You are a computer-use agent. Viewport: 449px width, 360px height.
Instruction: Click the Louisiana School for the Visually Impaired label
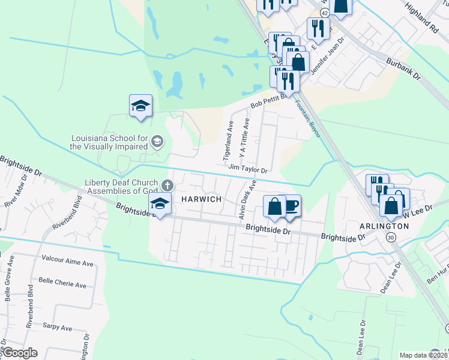(x=109, y=142)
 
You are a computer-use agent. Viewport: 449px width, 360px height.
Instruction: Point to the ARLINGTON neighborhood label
(x=385, y=226)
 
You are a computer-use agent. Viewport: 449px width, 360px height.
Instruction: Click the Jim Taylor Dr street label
(x=248, y=170)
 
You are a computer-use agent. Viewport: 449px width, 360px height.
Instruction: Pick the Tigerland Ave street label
(x=228, y=142)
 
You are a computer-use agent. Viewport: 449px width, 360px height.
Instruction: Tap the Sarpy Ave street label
(x=57, y=328)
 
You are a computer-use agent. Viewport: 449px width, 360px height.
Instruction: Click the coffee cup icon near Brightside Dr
(x=291, y=205)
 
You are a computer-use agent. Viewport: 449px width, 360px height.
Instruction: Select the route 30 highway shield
(x=391, y=238)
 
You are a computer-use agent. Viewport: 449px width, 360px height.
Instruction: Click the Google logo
(x=20, y=353)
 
